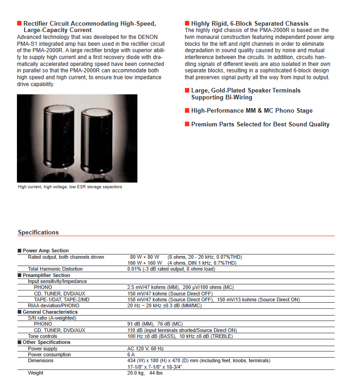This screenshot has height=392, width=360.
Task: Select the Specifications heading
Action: [x=38, y=232]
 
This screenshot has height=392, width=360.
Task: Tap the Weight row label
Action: [x=36, y=373]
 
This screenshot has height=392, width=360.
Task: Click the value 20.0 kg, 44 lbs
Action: [x=145, y=373]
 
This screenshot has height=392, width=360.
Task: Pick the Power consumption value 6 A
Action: [x=131, y=354]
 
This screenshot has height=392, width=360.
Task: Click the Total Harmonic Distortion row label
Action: [x=55, y=269]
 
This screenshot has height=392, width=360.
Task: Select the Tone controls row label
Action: [x=43, y=336]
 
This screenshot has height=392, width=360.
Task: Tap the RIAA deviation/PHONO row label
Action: [x=54, y=305]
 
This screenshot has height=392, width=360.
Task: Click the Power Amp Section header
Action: [x=45, y=250]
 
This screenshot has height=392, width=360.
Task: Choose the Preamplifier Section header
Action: [x=46, y=275]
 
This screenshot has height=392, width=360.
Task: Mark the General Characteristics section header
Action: [x=50, y=312]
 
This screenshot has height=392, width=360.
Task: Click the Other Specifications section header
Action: [x=46, y=342]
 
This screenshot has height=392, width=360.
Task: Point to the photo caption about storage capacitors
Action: [x=70, y=187]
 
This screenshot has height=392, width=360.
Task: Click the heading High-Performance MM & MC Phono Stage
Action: [x=252, y=110]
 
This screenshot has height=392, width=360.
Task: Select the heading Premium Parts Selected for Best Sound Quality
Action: [x=260, y=124]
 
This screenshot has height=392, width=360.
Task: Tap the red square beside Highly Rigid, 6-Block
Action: [x=187, y=23]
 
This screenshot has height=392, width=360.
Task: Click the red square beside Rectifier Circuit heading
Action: [x=19, y=23]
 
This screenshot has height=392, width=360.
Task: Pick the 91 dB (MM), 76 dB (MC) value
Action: [x=155, y=324]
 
